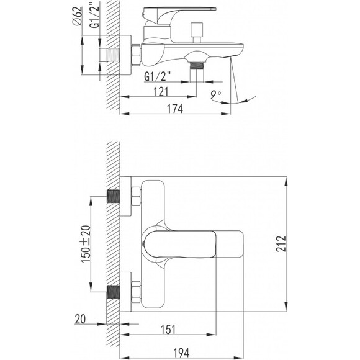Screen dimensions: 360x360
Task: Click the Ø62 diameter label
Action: click(x=77, y=16)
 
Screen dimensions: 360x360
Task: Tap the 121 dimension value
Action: click(x=161, y=92)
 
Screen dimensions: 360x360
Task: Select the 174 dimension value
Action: click(x=175, y=109)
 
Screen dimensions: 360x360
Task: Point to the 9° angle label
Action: click(x=216, y=95)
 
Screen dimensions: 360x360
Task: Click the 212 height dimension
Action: click(x=281, y=243)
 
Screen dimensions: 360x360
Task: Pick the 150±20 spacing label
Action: click(x=86, y=244)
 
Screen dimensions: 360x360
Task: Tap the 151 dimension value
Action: click(x=168, y=330)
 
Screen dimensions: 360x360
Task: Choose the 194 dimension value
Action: click(x=181, y=353)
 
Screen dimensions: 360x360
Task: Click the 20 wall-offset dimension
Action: click(x=80, y=319)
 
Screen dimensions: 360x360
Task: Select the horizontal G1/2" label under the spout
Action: click(x=158, y=76)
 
